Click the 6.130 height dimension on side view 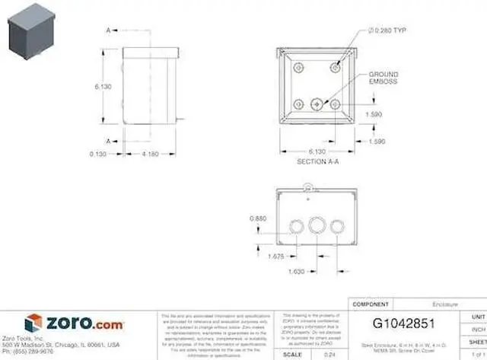(x=103, y=87)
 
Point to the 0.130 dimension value (x=97, y=155)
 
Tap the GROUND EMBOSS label (x=383, y=78)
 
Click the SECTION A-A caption (x=317, y=162)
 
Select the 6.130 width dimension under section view (x=318, y=151)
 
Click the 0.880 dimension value (x=259, y=219)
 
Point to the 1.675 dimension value (x=275, y=256)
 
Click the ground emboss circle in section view (x=318, y=103)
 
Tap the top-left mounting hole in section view (x=300, y=68)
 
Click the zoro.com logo (x=74, y=323)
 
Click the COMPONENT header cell (x=371, y=304)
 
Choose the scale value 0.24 (x=329, y=354)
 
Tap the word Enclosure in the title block (x=445, y=304)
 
